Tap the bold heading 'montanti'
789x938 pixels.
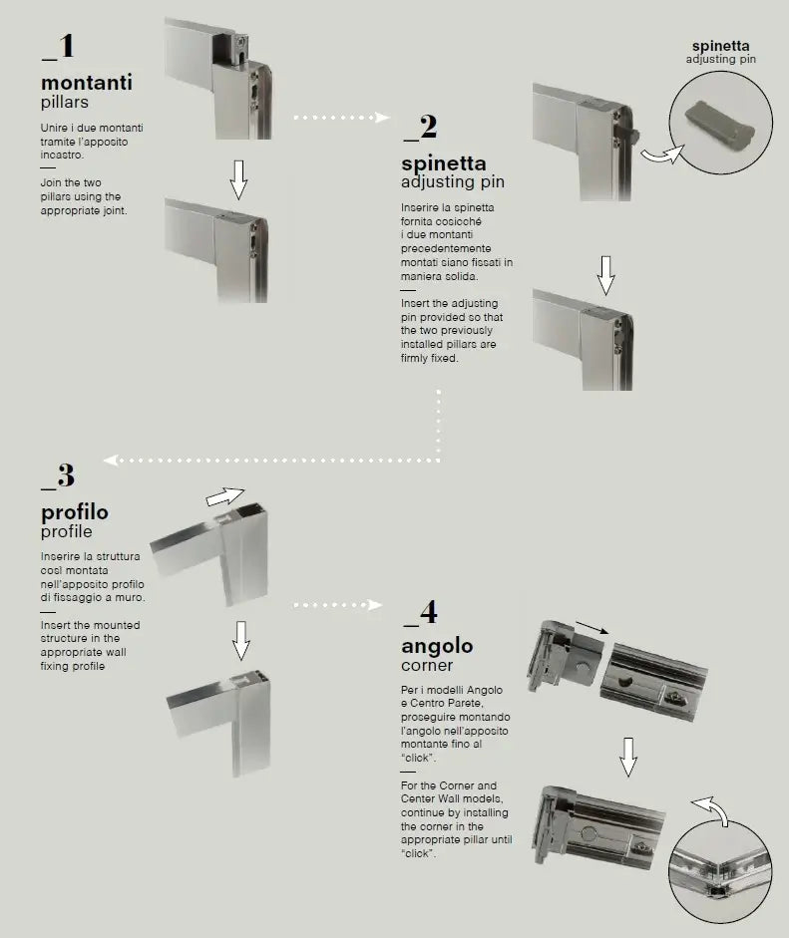pos(87,82)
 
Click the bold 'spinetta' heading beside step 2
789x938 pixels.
pos(444,162)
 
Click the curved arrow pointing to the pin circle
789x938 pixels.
pos(662,155)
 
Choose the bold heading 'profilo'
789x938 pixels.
pos(75,512)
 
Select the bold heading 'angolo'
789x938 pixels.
pos(437,646)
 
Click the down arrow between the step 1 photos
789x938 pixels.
pos(238,179)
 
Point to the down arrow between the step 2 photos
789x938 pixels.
pos(605,275)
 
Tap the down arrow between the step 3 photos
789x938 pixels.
pos(241,641)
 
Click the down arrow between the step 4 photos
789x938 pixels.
pos(628,758)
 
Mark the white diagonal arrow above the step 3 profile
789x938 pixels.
pos(225,496)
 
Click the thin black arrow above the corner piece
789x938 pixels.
pos(592,628)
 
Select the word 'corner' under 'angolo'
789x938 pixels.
pos(427,665)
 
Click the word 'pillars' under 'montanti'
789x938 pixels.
pos(65,103)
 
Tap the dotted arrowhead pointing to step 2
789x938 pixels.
pos(382,118)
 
